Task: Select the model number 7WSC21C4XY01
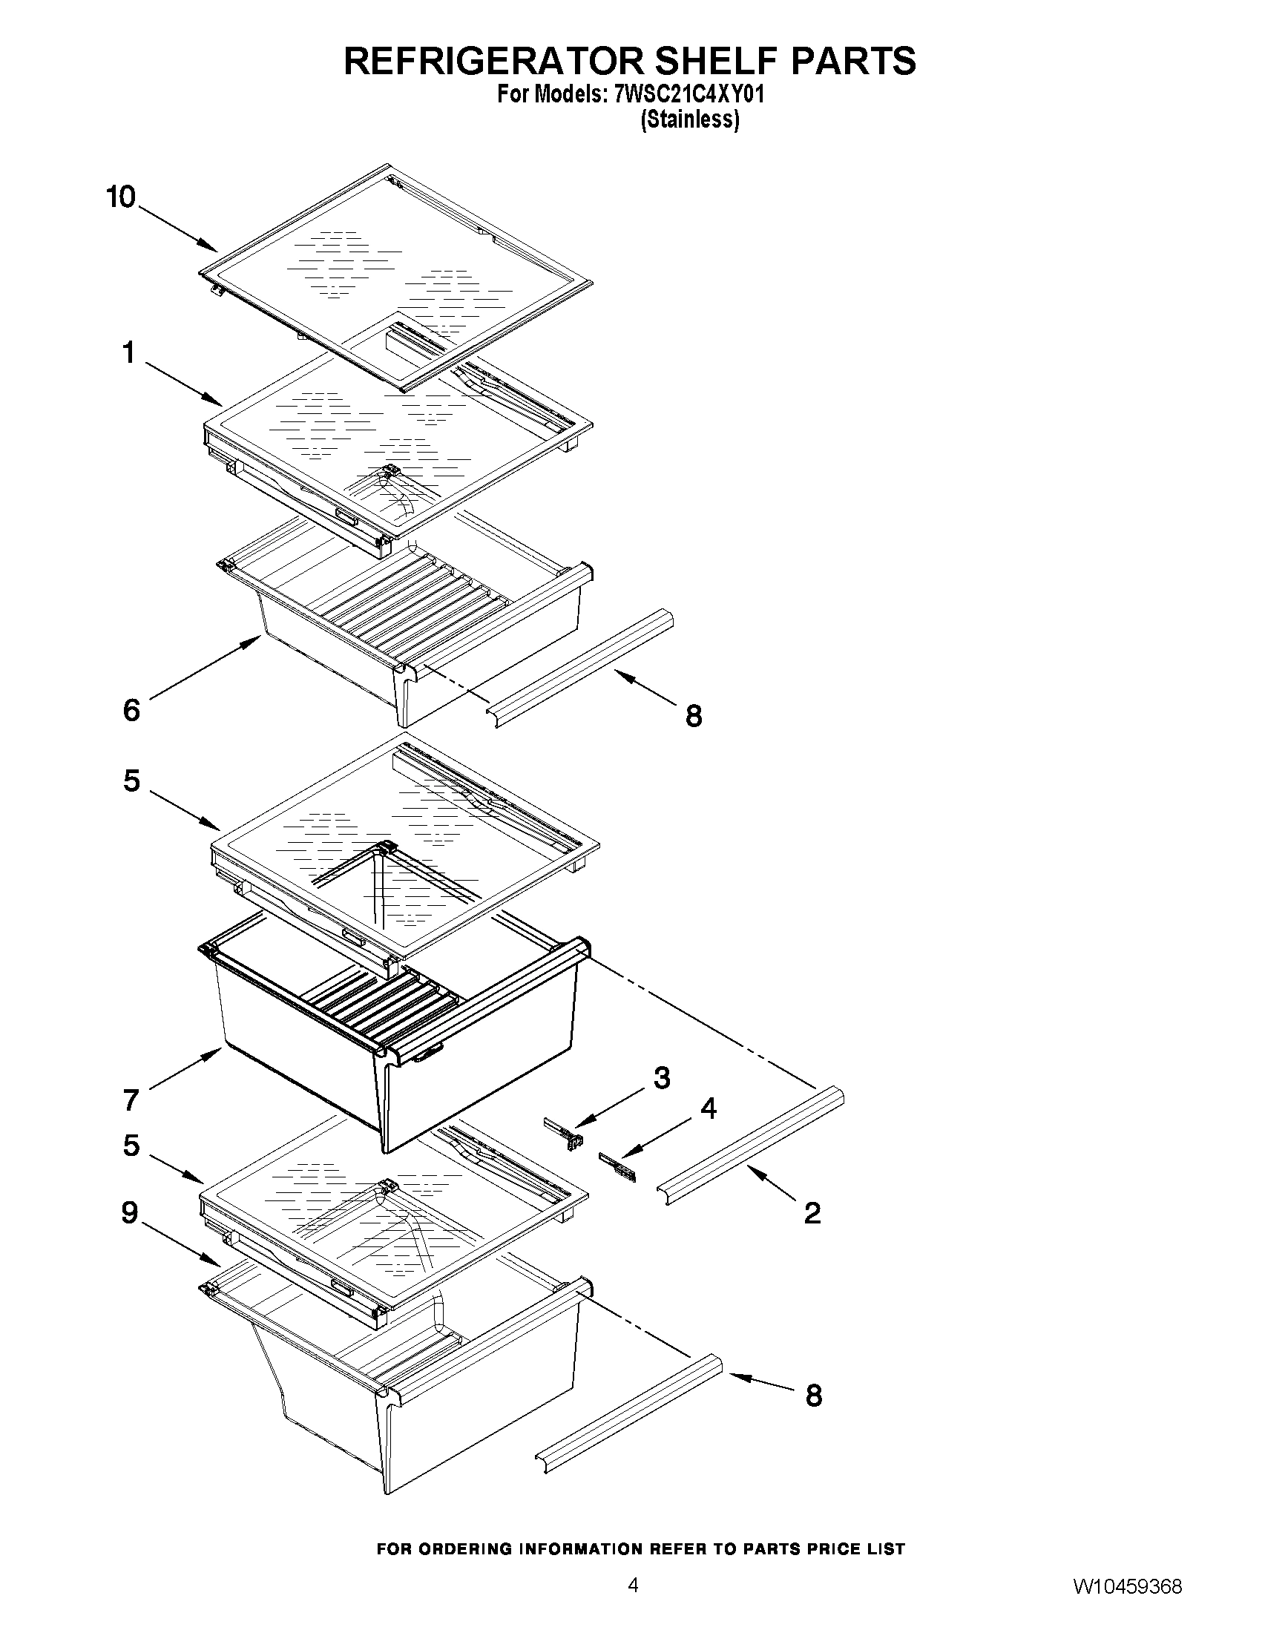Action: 688,95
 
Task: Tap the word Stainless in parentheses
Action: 690,119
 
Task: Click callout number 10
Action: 120,197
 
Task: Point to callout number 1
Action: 129,352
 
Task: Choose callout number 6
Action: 131,710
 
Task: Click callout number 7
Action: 131,1100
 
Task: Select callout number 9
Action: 130,1212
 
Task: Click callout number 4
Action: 707,1109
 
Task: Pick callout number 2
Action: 812,1213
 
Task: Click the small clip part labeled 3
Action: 568,1134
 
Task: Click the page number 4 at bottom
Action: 633,1603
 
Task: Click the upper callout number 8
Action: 694,716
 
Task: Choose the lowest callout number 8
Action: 813,1396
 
